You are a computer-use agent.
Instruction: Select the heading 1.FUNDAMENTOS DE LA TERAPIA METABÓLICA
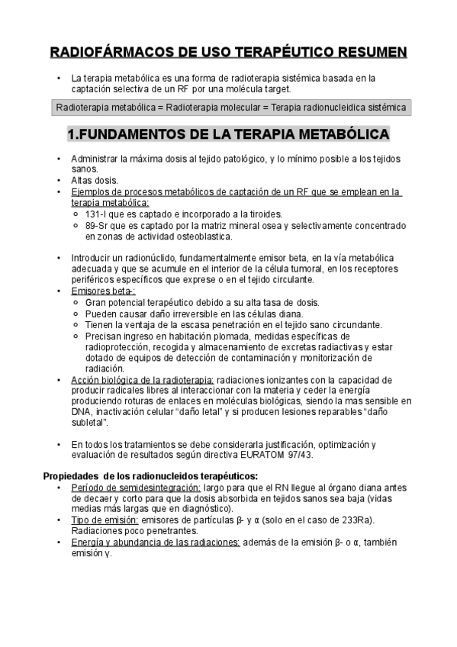[x=229, y=135]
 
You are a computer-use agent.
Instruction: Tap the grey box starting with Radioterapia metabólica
[x=230, y=107]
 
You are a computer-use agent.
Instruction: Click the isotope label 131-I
[x=97, y=214]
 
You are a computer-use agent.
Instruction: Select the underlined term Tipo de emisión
[x=104, y=520]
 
